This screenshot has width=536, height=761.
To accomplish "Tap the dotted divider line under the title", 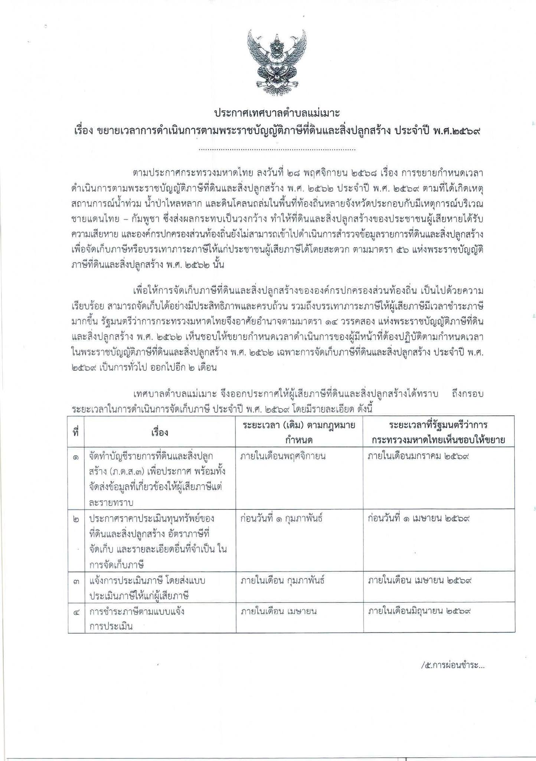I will [x=277, y=150].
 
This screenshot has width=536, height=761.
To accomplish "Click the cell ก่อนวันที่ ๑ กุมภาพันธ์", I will [x=281, y=518].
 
